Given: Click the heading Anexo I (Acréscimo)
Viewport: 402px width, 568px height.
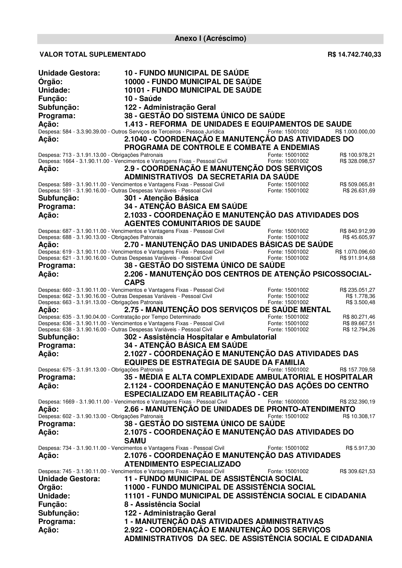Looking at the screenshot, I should click(x=210, y=39).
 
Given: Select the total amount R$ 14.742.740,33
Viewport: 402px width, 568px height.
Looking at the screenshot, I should click(x=354, y=54).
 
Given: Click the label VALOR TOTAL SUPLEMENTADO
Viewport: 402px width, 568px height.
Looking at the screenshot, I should click(x=93, y=54).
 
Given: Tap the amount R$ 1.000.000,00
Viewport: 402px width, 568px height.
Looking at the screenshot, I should click(x=355, y=132).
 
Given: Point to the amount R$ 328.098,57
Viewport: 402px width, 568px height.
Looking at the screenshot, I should click(x=357, y=161).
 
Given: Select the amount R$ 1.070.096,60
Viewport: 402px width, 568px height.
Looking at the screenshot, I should click(x=355, y=252).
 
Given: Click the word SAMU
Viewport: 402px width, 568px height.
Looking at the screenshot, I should click(x=135, y=441).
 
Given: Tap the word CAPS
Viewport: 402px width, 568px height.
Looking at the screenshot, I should click(x=134, y=282).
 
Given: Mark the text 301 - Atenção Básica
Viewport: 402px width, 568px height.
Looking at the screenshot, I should click(x=161, y=198).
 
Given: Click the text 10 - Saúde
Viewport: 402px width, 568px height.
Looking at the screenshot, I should click(x=143, y=98).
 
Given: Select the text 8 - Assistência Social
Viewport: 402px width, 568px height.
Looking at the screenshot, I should click(x=162, y=505).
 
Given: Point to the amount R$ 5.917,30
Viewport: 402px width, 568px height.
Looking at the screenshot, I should click(x=360, y=448).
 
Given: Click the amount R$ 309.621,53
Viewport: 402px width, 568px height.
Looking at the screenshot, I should click(x=357, y=471).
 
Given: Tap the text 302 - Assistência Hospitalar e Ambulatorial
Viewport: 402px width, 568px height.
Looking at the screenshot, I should click(x=200, y=337).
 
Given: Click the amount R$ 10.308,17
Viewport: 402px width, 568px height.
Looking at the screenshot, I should click(x=359, y=416).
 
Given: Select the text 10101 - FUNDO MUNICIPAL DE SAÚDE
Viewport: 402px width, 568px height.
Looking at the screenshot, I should click(x=193, y=90).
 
